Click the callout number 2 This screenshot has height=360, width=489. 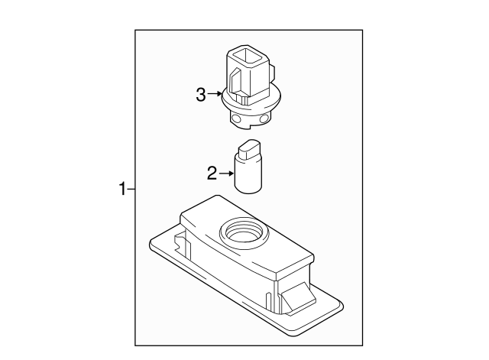[212, 174]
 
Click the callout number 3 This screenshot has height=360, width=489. [201, 95]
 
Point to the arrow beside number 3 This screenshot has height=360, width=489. [214, 95]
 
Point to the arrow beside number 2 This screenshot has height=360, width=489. [226, 174]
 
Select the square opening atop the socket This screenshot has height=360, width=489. [247, 56]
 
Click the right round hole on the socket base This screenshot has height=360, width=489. [264, 119]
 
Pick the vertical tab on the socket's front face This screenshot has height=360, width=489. [235, 80]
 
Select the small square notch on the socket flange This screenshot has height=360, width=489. [243, 99]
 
